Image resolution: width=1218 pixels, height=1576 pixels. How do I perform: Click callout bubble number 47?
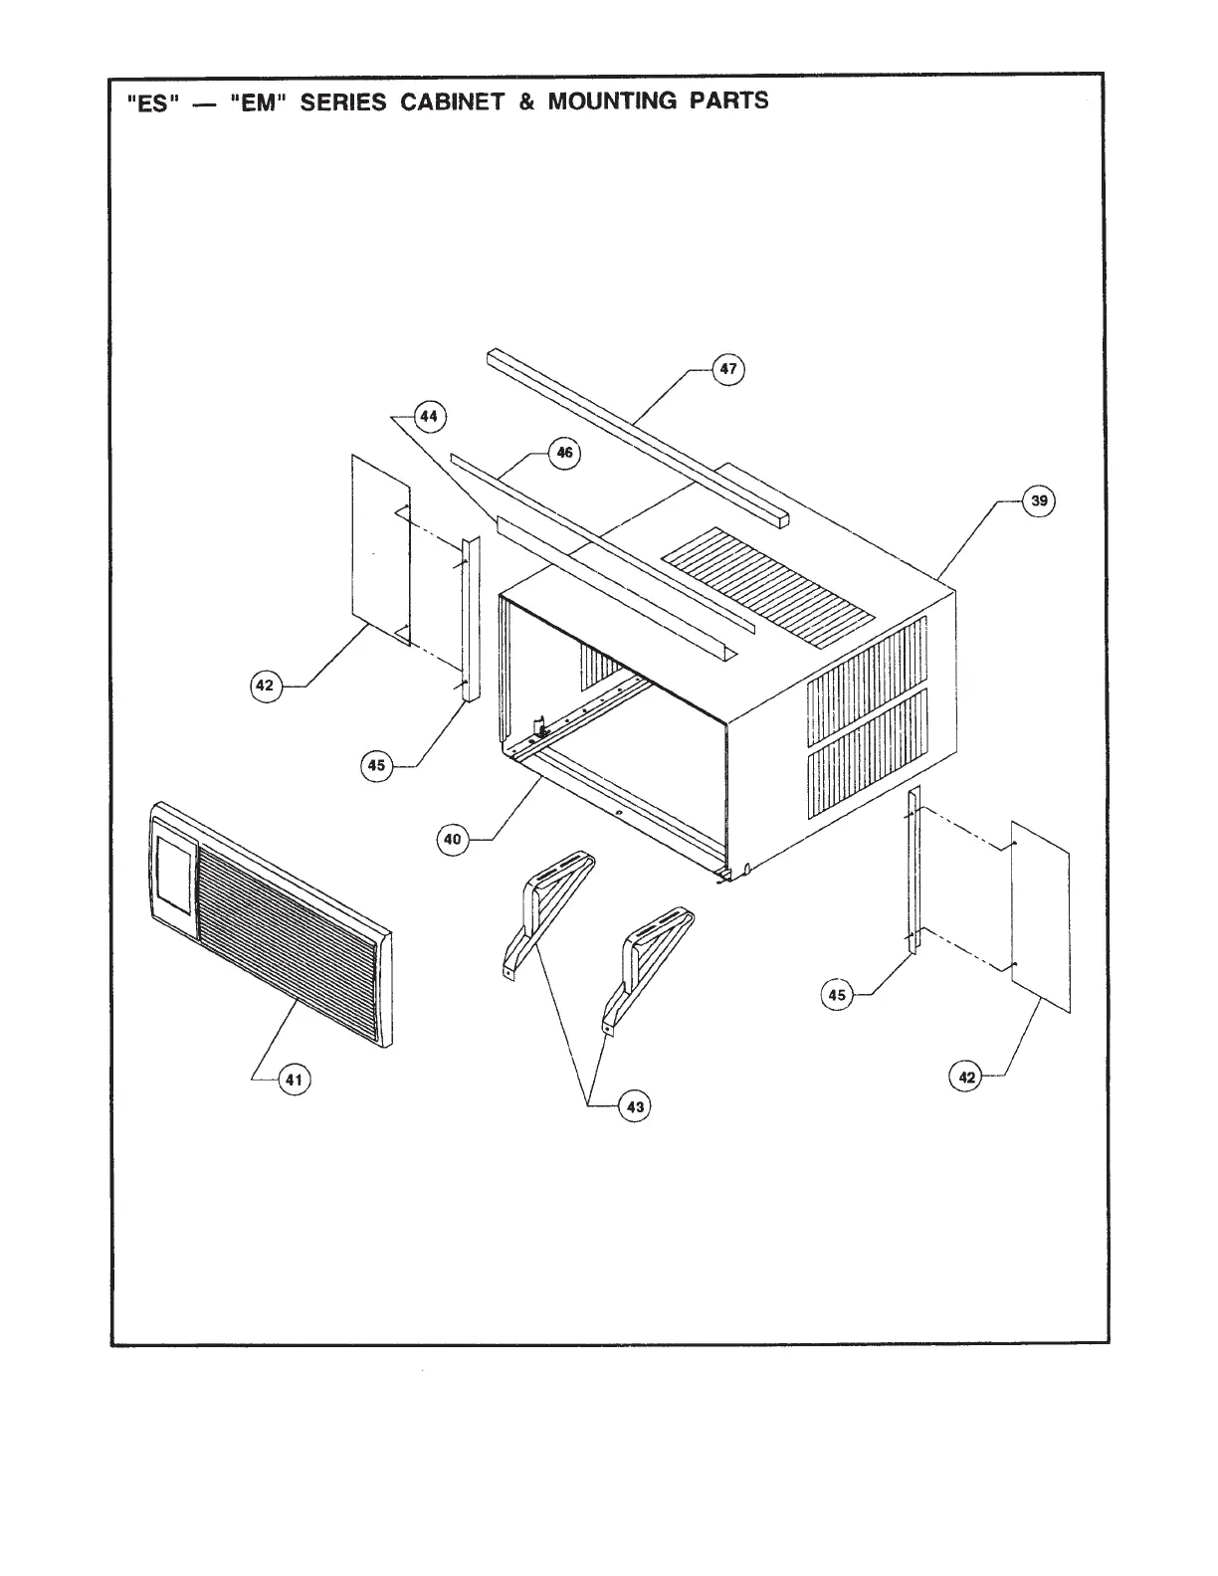[728, 369]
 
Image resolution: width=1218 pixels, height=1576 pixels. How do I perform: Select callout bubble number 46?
[564, 453]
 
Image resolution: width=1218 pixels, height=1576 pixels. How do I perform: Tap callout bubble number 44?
[428, 416]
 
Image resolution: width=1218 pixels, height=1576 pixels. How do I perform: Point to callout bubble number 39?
[1039, 500]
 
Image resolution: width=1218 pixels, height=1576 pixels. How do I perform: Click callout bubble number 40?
[453, 840]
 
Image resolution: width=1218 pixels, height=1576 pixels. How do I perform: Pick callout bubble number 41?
[294, 1079]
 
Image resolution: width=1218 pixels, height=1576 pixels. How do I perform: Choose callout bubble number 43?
[635, 1105]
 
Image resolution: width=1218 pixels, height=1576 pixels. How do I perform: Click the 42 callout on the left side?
[265, 686]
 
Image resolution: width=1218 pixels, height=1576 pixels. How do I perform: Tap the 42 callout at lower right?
[966, 1077]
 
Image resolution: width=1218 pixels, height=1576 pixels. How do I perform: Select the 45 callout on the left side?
[376, 765]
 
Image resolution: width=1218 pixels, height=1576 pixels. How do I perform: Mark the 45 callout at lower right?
[838, 994]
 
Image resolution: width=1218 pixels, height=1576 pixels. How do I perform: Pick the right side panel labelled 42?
[1040, 915]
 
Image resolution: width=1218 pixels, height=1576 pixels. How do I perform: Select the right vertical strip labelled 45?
[913, 871]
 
